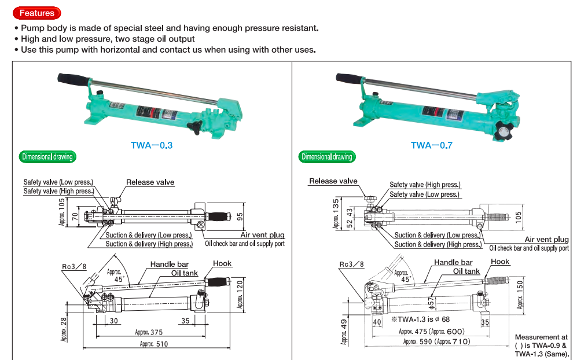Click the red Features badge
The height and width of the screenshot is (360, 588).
tap(36, 13)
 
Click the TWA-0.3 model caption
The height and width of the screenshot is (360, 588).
tap(152, 145)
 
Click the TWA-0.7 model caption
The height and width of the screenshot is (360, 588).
tap(431, 145)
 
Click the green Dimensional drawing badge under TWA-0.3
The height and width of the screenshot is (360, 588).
tap(47, 157)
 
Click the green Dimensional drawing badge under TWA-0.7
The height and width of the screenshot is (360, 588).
tap(327, 157)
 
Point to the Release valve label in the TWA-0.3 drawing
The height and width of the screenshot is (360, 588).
tap(150, 182)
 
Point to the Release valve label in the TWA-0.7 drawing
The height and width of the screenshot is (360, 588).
tap(333, 181)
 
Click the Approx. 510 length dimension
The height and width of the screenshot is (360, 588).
tap(153, 344)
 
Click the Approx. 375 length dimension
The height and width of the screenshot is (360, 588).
tap(149, 332)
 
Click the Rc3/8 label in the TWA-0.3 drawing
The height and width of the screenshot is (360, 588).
tap(73, 267)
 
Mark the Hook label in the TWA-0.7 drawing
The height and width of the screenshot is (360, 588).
tap(500, 262)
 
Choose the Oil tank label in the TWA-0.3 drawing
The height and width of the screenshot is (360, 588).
tap(184, 273)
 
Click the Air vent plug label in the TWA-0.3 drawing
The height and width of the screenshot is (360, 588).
tap(262, 235)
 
